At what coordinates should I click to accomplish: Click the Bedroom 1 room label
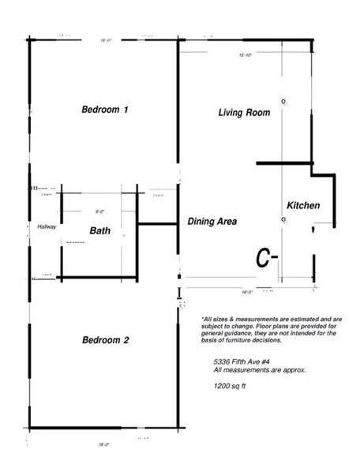105,110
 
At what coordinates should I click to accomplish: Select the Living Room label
244,113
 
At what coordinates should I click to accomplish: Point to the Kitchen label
302,205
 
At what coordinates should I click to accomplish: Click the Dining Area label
212,222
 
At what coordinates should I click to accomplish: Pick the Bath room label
99,231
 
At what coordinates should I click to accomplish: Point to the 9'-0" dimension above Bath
100,211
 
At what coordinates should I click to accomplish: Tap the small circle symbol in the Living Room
283,101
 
